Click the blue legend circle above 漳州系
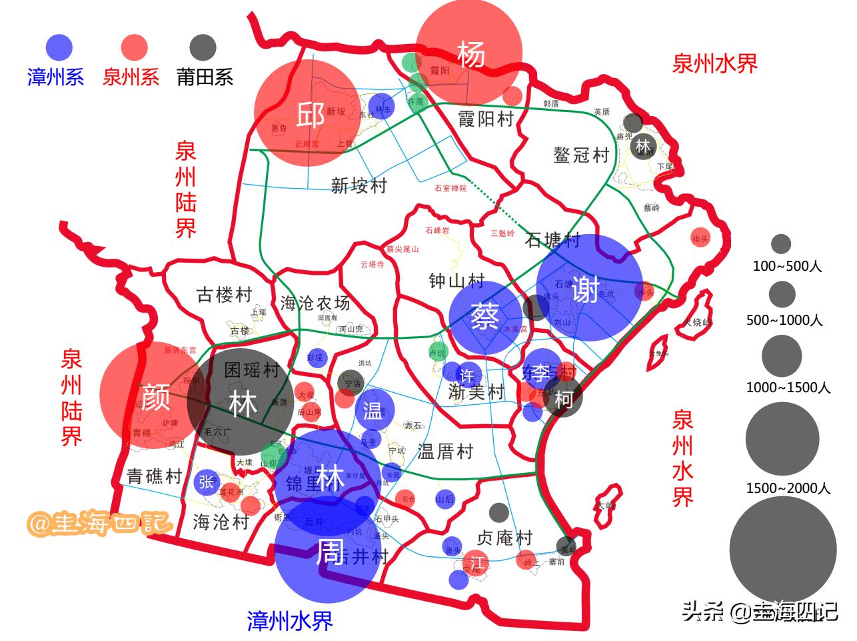[59, 48]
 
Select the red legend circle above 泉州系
[134, 48]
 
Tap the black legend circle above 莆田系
[203, 48]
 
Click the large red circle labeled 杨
[469, 53]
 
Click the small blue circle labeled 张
[207, 482]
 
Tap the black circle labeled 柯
[563, 398]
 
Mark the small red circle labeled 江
[476, 560]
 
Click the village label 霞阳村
[486, 119]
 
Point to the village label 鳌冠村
[581, 155]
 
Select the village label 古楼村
[225, 294]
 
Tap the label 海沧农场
[315, 303]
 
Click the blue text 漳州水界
[289, 621]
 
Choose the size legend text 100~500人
[787, 266]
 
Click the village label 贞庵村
[505, 537]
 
